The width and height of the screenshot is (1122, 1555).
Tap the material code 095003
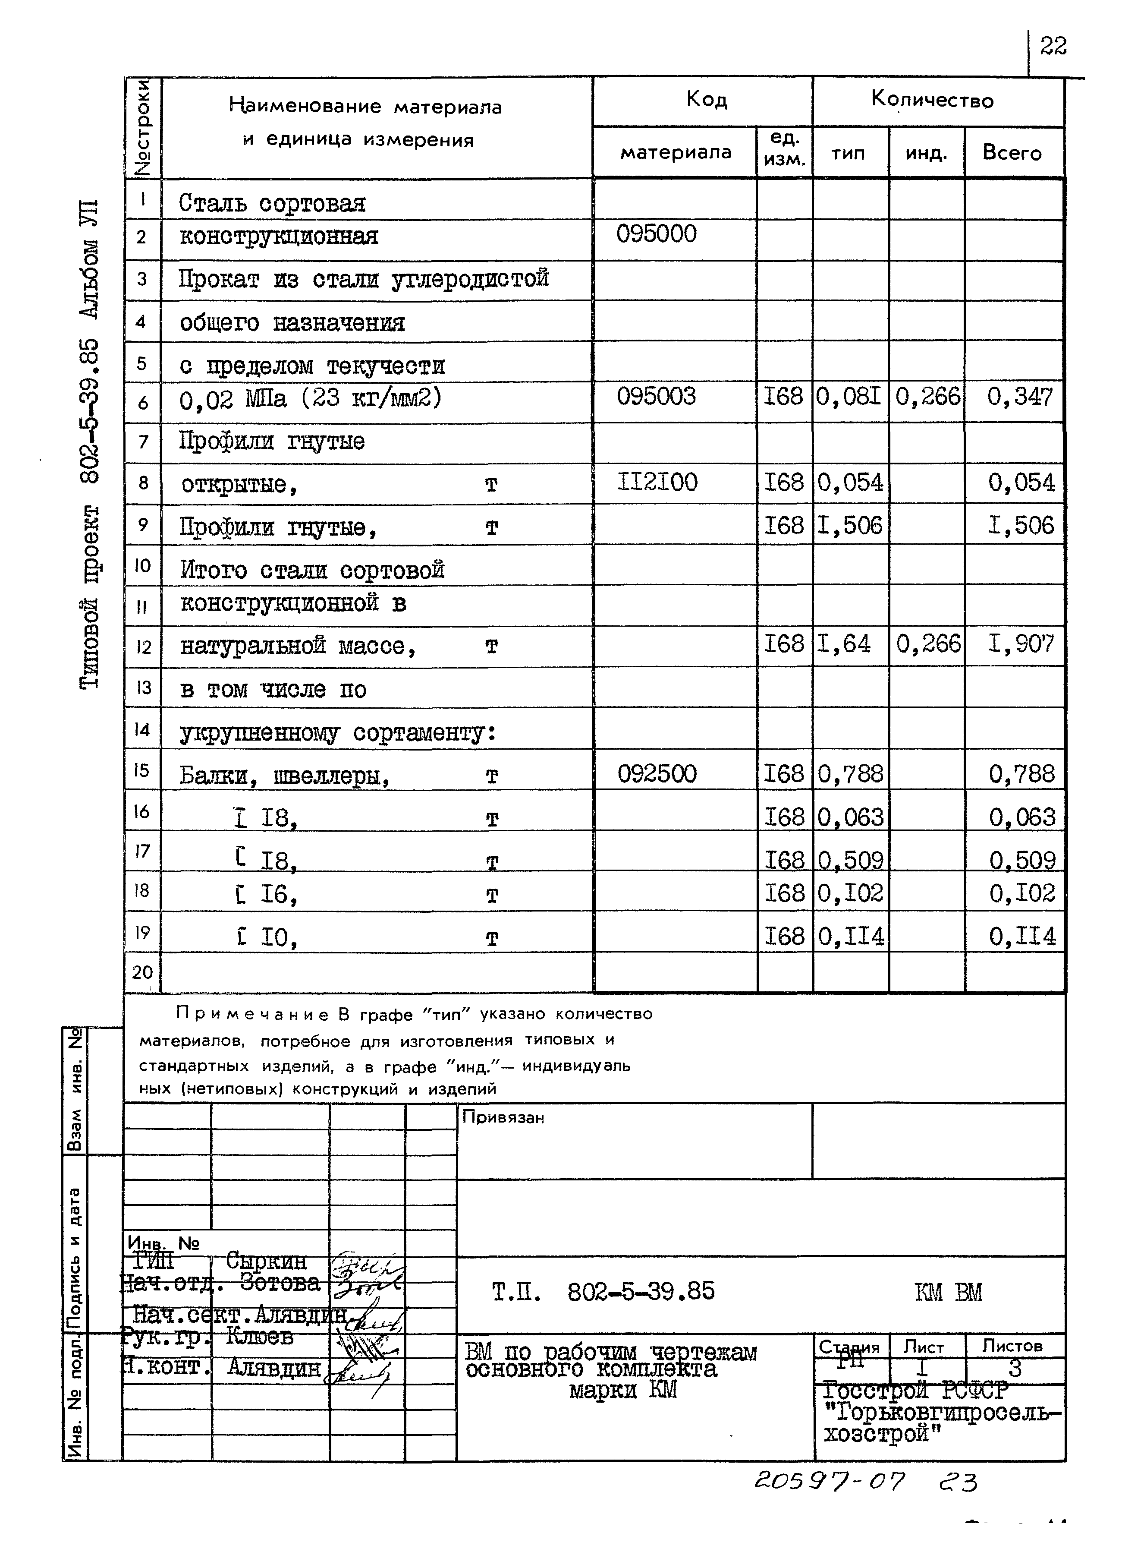tap(656, 396)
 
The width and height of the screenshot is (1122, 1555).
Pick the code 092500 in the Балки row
tap(657, 774)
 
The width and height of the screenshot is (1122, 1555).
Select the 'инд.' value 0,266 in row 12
tap(927, 644)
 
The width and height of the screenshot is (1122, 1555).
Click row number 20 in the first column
tap(142, 972)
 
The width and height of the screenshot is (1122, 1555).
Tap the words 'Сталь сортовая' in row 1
tap(272, 204)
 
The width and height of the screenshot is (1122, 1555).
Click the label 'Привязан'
tap(503, 1117)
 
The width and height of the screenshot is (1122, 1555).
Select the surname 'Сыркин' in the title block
tap(266, 1261)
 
